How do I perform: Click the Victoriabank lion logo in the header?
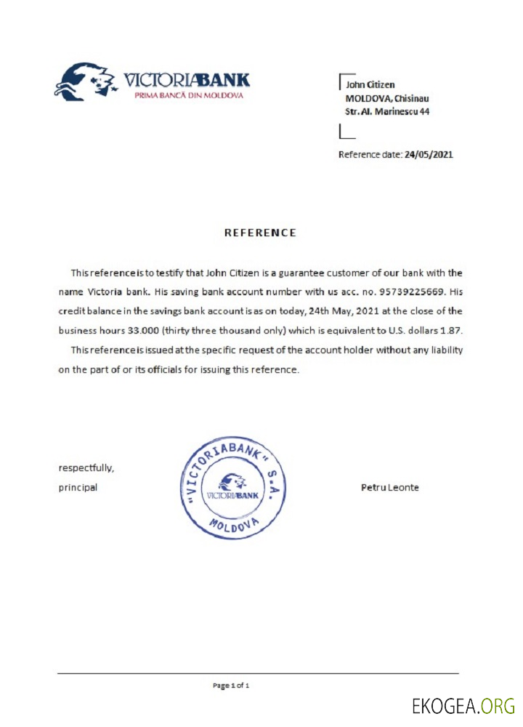pos(86,80)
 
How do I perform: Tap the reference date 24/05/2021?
pos(429,154)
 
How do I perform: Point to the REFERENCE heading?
pos(260,233)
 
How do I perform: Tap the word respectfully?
pos(86,467)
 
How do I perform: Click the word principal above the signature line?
pos(78,487)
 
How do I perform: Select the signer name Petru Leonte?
pos(389,487)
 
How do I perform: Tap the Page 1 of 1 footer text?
pos(231,685)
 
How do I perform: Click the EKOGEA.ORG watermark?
pos(463,705)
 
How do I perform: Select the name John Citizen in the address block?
pos(370,85)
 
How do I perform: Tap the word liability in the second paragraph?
pos(443,350)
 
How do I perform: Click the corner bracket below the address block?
pos(346,132)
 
